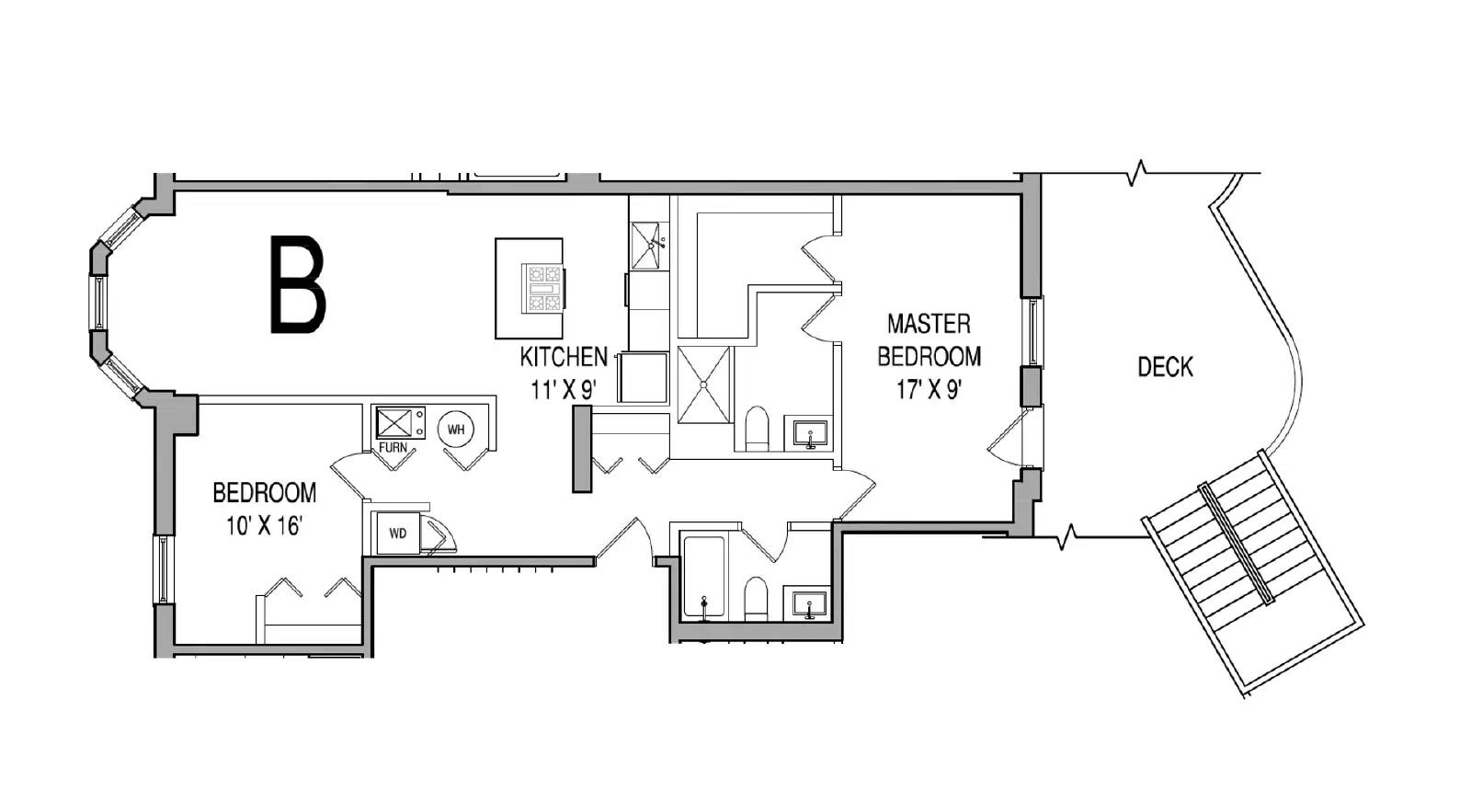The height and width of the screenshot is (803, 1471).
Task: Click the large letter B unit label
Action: click(298, 284)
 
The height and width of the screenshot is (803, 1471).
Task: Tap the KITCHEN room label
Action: click(564, 357)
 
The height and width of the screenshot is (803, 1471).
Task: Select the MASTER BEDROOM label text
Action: click(929, 339)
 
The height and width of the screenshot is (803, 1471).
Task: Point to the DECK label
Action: click(1166, 367)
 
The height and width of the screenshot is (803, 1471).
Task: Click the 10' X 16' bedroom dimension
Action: click(264, 526)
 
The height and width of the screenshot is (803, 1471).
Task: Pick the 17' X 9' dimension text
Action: click(929, 390)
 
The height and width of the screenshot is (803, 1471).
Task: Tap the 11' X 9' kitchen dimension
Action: click(563, 390)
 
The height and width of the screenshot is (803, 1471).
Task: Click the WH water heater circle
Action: click(456, 430)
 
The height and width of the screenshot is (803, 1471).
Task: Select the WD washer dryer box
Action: click(397, 533)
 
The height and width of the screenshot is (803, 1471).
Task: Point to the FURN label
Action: click(393, 448)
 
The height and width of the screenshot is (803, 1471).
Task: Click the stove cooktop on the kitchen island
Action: click(543, 288)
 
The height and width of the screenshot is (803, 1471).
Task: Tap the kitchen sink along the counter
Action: click(646, 245)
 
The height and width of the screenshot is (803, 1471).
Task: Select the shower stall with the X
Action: click(703, 384)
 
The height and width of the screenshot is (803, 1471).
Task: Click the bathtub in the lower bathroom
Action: click(703, 579)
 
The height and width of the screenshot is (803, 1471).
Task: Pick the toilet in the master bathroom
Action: click(758, 429)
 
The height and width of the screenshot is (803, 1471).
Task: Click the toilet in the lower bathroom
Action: click(757, 599)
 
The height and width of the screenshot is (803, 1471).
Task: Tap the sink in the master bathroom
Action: click(810, 433)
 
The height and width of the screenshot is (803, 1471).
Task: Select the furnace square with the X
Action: click(393, 422)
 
